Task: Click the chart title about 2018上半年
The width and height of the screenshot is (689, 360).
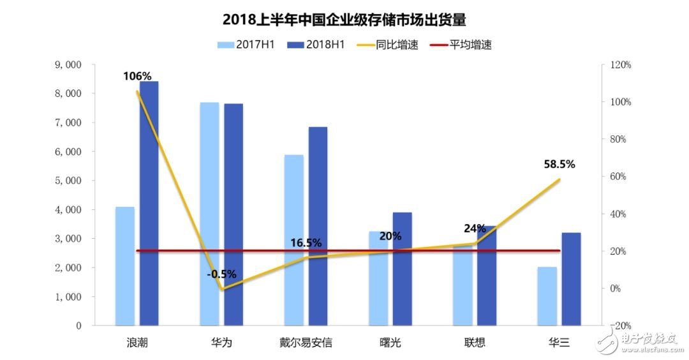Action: click(x=344, y=20)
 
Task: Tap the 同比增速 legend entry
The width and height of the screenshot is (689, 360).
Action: click(x=389, y=45)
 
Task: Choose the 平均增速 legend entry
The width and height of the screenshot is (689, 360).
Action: click(x=462, y=45)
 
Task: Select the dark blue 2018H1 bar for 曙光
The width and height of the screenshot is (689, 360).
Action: click(x=402, y=268)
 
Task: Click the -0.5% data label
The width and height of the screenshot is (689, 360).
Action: click(x=221, y=274)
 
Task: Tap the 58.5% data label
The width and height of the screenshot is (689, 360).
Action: click(x=559, y=164)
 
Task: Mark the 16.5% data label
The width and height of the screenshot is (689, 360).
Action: click(x=306, y=243)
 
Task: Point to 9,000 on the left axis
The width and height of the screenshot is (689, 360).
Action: click(x=69, y=65)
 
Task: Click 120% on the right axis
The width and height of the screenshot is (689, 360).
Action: click(x=620, y=65)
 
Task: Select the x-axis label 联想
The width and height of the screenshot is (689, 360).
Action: click(x=475, y=343)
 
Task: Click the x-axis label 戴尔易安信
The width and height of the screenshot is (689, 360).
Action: click(x=306, y=343)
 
